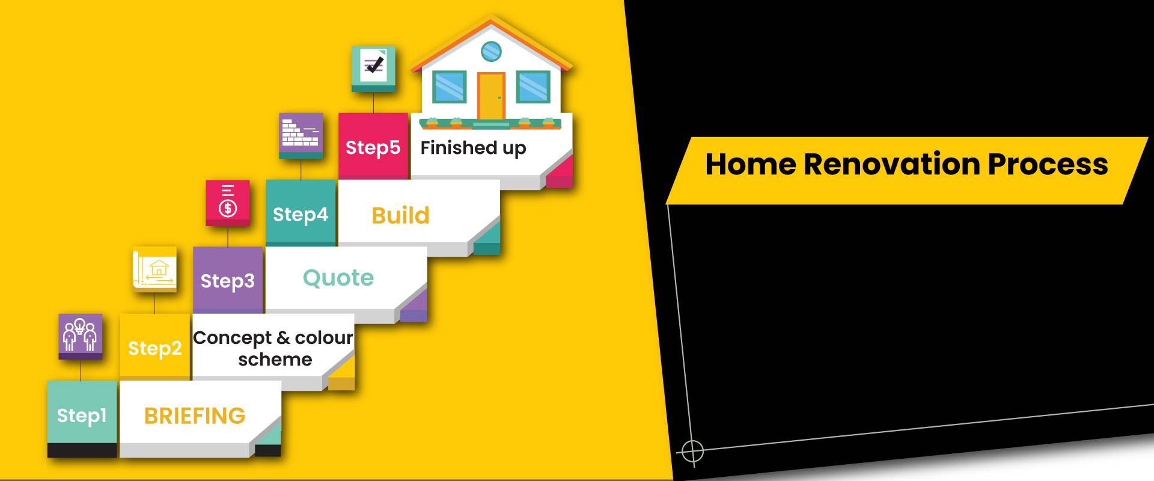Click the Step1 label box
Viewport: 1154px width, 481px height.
click(82, 415)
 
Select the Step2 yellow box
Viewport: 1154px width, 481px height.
click(155, 347)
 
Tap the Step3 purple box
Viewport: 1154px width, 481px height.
click(228, 280)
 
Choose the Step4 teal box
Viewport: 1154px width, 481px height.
click(301, 213)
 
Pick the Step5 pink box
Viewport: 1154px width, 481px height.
click(373, 147)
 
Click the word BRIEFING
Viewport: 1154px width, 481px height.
click(195, 415)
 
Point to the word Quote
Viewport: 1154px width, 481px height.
click(338, 278)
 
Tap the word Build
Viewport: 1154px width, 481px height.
click(401, 215)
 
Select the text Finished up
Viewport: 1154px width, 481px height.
click(473, 148)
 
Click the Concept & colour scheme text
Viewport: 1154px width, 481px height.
click(273, 348)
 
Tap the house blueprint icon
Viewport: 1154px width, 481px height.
click(154, 269)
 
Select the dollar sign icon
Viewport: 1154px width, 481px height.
click(228, 202)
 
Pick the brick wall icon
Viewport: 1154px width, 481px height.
click(301, 134)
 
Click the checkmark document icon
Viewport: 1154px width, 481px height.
click(373, 67)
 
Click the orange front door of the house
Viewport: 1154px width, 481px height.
click(491, 96)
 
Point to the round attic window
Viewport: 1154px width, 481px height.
click(492, 51)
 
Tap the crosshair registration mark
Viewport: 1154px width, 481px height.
click(692, 450)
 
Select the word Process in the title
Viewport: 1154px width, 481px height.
click(1048, 164)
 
